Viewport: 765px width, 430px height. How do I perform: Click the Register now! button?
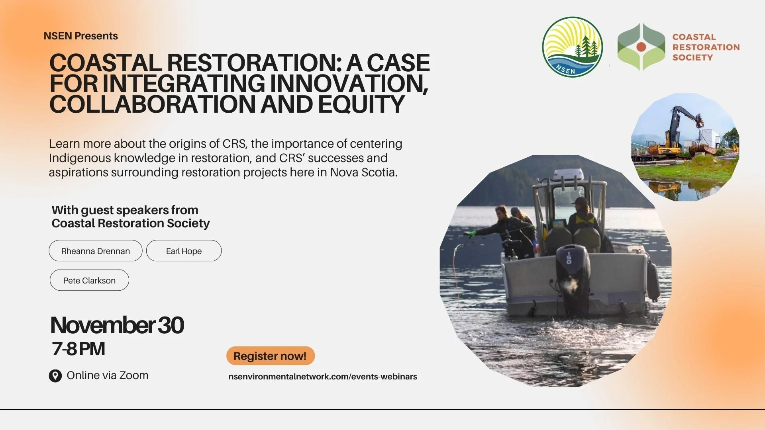270,356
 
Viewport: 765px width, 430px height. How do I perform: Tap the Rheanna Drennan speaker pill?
96,251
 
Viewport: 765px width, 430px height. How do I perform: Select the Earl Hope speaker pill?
184,251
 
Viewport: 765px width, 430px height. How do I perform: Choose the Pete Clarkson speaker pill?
89,280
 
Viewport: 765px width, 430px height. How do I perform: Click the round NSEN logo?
572,47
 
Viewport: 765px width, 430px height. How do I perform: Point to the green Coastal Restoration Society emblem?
641,47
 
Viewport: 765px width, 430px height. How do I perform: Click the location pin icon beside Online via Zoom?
55,376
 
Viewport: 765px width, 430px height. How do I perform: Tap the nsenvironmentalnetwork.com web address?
323,377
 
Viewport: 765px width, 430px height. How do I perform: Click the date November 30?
117,325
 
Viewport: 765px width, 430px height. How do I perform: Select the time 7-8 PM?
78,349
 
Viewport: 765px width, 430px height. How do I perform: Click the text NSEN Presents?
80,36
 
